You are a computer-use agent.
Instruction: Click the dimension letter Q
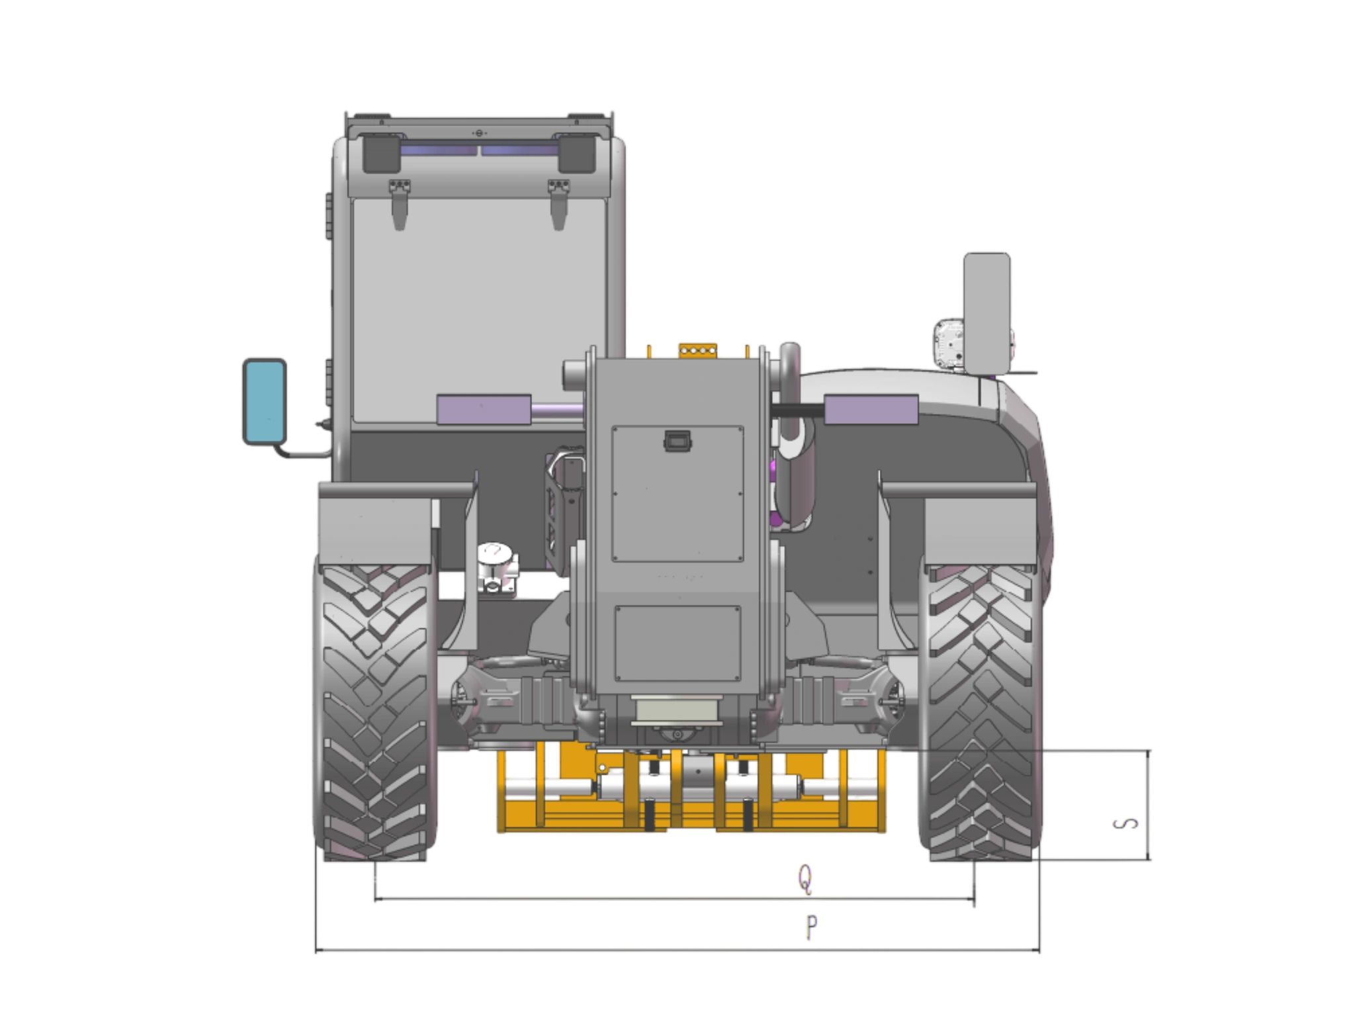805,880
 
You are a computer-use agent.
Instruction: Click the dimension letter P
812,927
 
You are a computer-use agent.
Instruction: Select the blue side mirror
265,402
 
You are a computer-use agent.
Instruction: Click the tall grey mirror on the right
986,313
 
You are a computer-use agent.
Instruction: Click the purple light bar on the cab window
484,409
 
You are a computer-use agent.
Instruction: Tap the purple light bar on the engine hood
871,409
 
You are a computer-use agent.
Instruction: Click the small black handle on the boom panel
677,441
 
